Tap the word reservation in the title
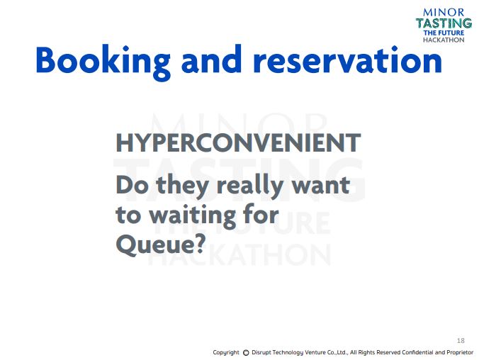click(348, 60)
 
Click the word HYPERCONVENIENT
click(238, 142)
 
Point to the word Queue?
click(160, 244)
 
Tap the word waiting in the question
click(193, 216)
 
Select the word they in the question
click(182, 186)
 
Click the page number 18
click(461, 340)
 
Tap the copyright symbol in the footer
click(246, 353)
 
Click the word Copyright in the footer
click(226, 353)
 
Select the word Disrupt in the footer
click(261, 353)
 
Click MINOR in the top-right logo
click(444, 13)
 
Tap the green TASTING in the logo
click(444, 23)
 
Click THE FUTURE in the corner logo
click(444, 33)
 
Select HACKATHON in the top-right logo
click(444, 40)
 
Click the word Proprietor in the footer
click(460, 353)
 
